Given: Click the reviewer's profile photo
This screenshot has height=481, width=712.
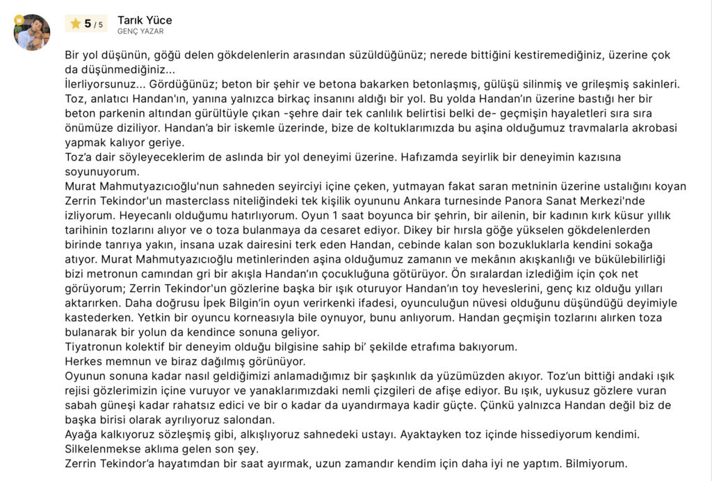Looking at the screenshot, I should coord(32,31).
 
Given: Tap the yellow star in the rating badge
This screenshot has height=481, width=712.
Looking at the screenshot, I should coord(76,24).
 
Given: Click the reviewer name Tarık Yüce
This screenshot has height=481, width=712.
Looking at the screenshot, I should coord(145,19).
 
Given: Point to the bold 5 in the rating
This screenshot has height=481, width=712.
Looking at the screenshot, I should coord(88,24).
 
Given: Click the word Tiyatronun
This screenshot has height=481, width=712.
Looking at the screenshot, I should coord(96,347).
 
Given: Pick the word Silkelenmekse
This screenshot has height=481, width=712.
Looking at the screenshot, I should coord(104,449).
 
